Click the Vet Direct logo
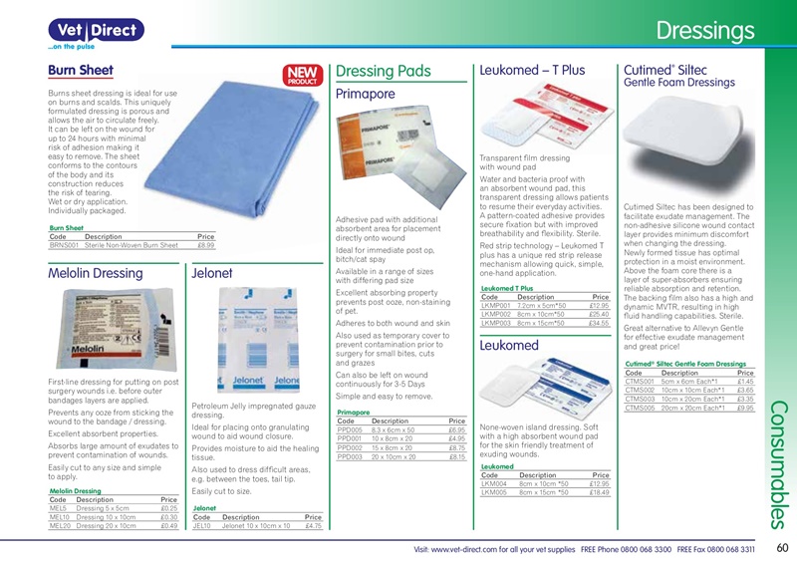pos(84,32)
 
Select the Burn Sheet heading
pos(81,71)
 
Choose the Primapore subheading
pos(366,94)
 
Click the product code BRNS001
pos(65,244)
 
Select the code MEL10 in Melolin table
pos(60,518)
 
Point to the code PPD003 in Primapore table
pos(351,457)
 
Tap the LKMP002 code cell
pos(496,314)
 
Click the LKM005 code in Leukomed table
pos(493,492)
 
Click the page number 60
pos(781,548)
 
